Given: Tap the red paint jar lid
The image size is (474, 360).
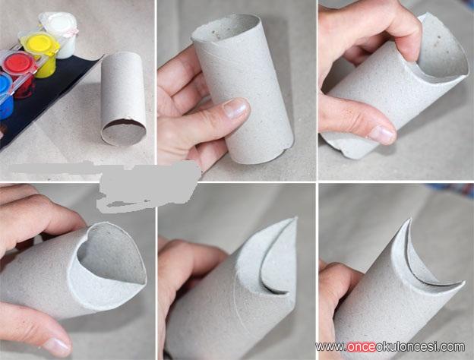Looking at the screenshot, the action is pos(18,63).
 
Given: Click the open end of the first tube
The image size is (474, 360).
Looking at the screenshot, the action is pos(124,132).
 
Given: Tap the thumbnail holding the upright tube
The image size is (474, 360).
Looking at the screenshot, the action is pos(235,109).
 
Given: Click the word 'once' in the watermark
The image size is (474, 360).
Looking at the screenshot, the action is pos(362,346).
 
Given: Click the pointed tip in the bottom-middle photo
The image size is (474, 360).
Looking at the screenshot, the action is pos(295,218).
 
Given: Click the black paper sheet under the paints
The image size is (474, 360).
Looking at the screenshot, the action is pos(46,96).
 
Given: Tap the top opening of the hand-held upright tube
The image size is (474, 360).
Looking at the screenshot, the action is pos(226,28).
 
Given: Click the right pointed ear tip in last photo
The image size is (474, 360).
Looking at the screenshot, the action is pos(462,284).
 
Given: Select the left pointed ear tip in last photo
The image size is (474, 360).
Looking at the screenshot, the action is pos(409,220).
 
